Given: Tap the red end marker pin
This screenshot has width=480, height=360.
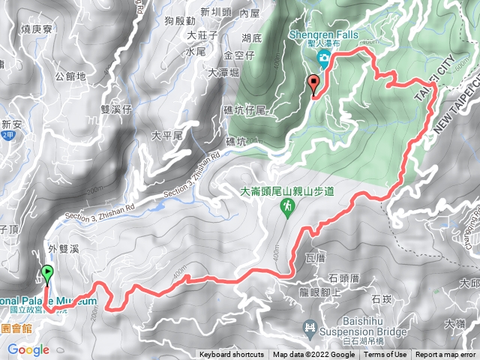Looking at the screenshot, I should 313,85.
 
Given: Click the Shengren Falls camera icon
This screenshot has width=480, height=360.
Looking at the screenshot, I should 322,59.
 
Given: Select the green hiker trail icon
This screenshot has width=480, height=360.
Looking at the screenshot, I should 287,206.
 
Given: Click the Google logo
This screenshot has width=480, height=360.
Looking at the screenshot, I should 28,349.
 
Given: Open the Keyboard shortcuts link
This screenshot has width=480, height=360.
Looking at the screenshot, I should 232,355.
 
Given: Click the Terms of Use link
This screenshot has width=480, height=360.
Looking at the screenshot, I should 385,355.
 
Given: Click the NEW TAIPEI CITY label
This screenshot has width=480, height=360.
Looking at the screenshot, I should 449,112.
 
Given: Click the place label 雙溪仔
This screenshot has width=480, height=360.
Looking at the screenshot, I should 116,109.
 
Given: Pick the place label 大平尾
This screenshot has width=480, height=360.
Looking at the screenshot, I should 167,136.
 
